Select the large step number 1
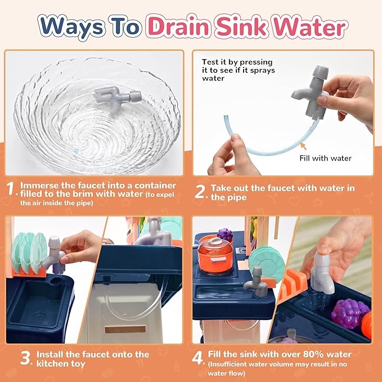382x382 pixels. [10, 188]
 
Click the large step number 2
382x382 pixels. [200, 192]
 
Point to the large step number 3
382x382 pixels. [25, 358]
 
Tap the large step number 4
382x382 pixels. [198, 358]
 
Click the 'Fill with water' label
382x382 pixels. [326, 158]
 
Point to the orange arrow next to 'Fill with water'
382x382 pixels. [303, 146]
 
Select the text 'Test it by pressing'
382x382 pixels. [237, 62]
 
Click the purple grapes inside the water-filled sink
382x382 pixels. [349, 313]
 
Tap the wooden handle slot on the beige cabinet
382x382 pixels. [125, 329]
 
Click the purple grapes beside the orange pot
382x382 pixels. [224, 235]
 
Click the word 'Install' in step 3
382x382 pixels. [51, 354]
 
